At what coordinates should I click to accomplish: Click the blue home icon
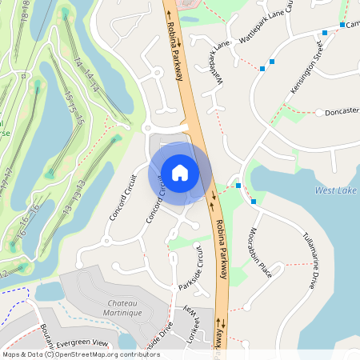(x=179, y=172)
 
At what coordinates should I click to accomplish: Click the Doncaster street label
(x=342, y=112)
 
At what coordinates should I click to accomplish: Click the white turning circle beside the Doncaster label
(x=318, y=113)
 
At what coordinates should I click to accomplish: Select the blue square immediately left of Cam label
(x=342, y=25)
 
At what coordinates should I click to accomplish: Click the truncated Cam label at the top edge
(x=353, y=24)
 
